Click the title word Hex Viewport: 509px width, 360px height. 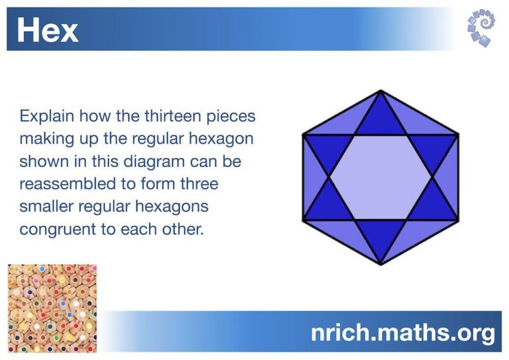47,30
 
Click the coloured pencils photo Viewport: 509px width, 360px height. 52,308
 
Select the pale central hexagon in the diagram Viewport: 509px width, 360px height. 380,177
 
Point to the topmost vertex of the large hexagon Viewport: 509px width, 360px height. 380,90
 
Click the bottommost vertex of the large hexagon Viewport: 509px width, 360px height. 380,265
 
